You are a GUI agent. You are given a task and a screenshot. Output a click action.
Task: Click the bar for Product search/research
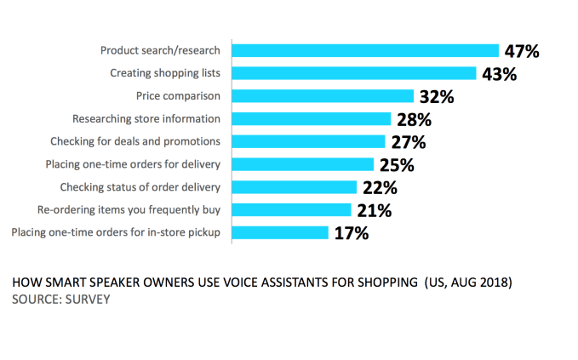coord(365,50)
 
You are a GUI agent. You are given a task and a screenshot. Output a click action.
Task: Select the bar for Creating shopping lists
coord(354,73)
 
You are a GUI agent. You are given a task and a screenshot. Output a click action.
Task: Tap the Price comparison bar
coord(323,95)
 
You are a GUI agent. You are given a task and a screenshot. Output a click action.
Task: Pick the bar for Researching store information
coord(312,118)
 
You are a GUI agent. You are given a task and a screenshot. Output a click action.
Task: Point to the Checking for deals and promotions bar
coord(309,141)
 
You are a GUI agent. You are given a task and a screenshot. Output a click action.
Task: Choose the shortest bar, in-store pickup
coord(280,231)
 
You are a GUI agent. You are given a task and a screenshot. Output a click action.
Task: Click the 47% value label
coord(521,51)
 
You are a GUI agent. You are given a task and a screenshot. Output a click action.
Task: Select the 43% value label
coord(499,74)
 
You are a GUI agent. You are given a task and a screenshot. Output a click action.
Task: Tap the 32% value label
coord(436,96)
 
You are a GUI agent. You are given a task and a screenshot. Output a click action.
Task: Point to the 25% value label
coord(396,164)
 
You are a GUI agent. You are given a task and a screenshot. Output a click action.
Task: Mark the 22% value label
coord(379,187)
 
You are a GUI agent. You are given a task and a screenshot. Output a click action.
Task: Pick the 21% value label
coord(373,209)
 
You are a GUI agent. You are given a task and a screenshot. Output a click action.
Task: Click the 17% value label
coord(351,232)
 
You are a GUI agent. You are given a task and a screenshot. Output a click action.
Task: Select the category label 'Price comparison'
coord(178,95)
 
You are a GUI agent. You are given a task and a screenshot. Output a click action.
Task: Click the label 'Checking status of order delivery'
coord(140,186)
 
